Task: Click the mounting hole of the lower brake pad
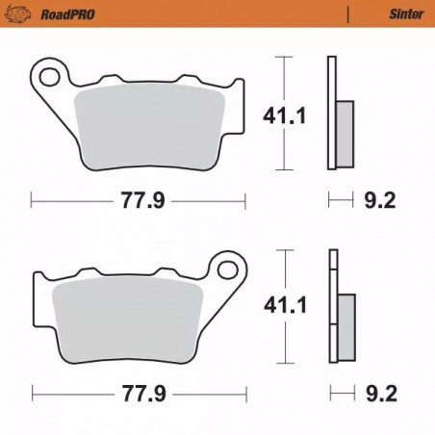point(228,264)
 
